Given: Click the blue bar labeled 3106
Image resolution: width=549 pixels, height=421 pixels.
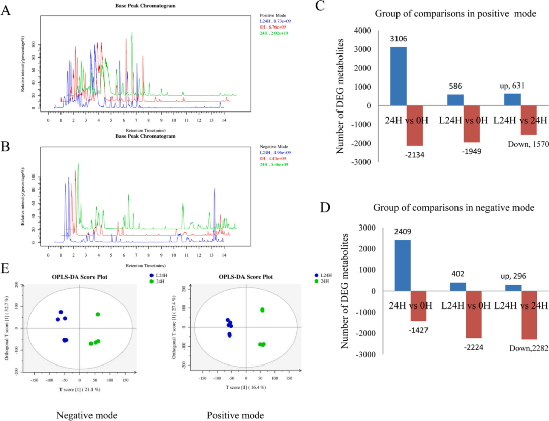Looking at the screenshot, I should point(398,76).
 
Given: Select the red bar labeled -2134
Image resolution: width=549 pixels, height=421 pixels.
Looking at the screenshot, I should point(414,125).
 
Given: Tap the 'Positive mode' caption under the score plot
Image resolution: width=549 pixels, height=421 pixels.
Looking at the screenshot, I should point(235,415).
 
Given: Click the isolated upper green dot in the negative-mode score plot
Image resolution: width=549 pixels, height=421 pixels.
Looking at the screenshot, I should point(97,314).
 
